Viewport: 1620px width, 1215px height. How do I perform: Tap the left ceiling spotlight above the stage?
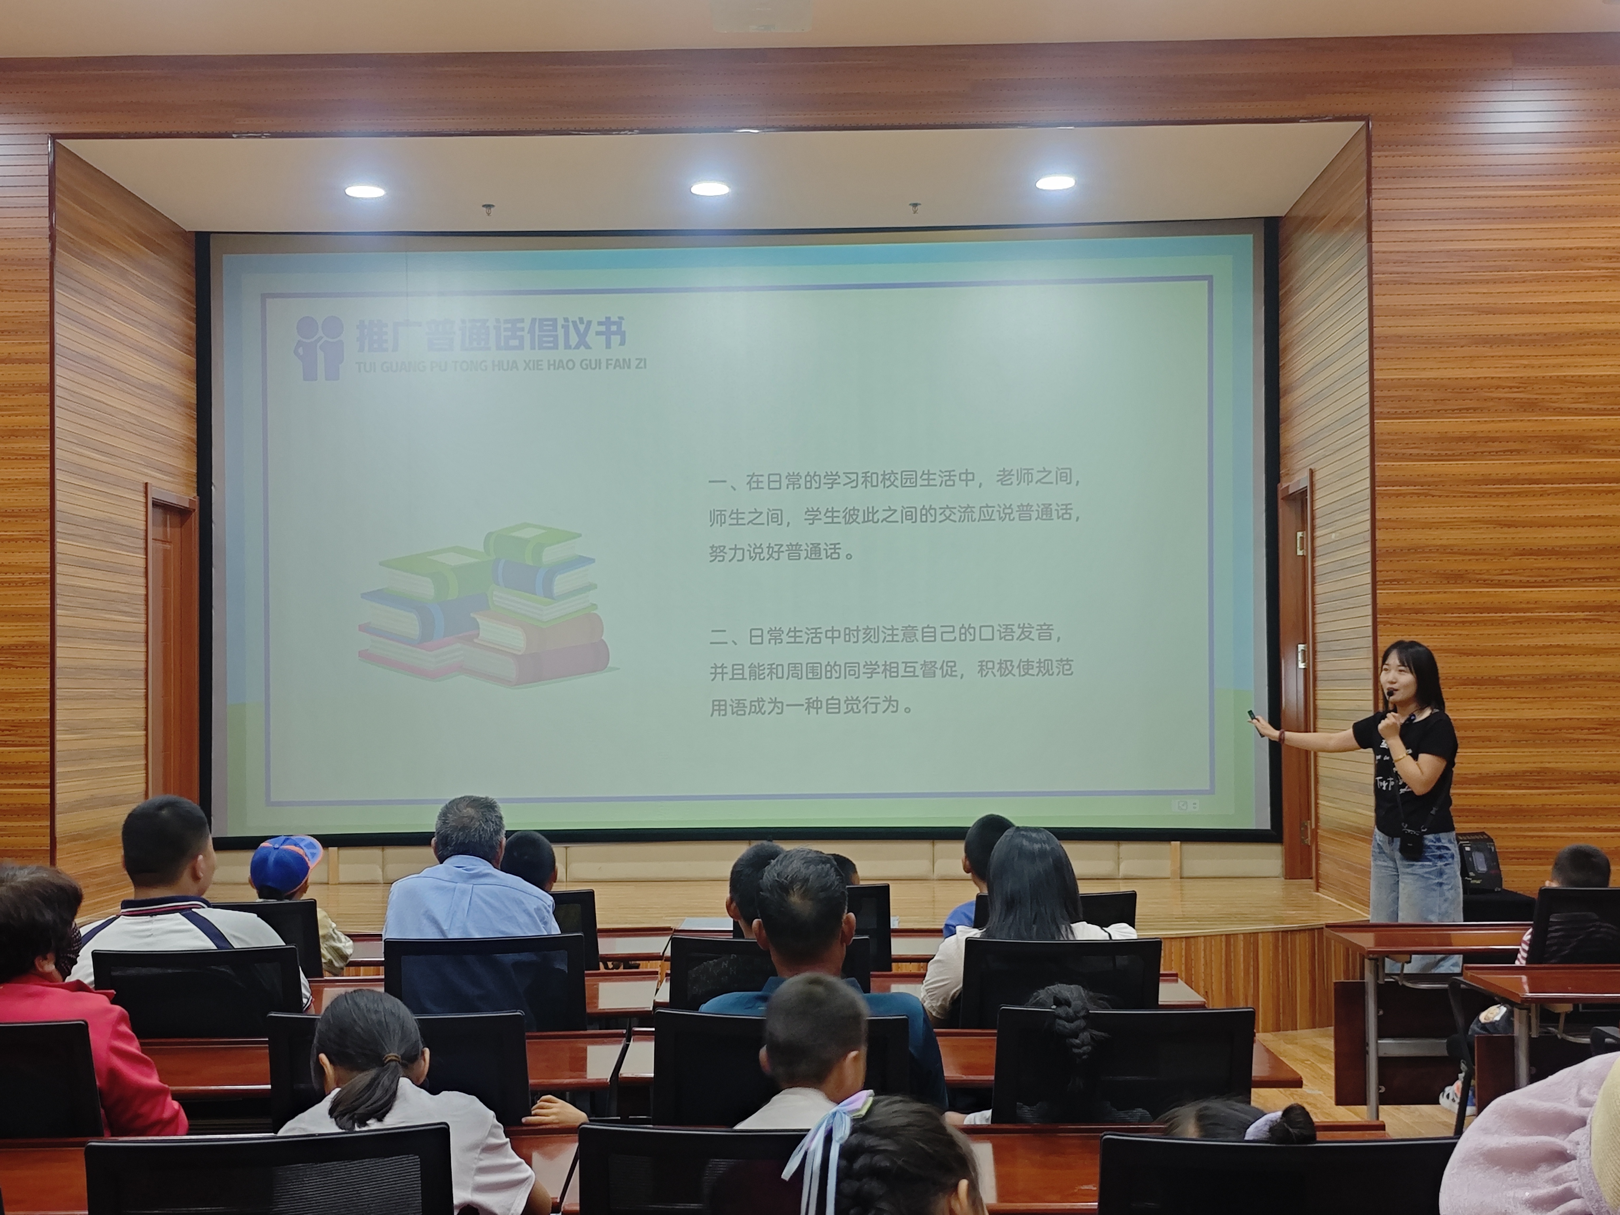pos(365,191)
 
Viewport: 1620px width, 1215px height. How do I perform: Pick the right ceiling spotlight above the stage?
pos(1054,182)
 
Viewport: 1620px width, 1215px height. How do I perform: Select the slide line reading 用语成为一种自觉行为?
pos(812,707)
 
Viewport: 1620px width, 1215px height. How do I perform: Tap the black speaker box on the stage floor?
pos(1479,864)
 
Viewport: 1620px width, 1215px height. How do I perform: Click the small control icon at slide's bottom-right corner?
pos(1187,806)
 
